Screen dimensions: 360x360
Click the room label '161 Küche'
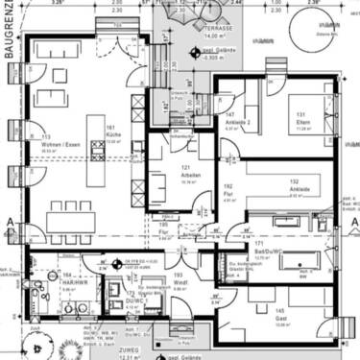click(x=112, y=132)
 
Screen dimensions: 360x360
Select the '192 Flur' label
click(x=228, y=188)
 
